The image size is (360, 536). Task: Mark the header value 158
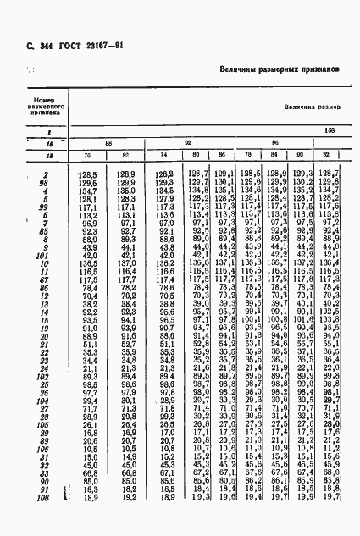pyautogui.click(x=329, y=131)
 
